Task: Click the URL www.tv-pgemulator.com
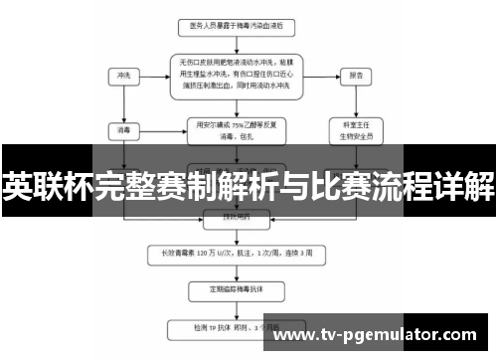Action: click(x=379, y=337)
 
